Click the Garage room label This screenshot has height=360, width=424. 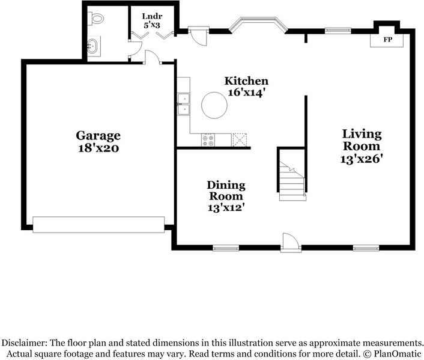point(98,135)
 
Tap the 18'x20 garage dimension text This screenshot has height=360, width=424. point(98,147)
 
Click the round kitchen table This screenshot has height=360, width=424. point(214,105)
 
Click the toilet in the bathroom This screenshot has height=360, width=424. point(96,19)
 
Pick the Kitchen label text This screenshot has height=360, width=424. point(246,81)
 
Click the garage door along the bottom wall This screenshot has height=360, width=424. point(98,224)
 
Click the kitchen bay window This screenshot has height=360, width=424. point(258,25)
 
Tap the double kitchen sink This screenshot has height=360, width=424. point(183,103)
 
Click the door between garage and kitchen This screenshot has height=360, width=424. point(152,57)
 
